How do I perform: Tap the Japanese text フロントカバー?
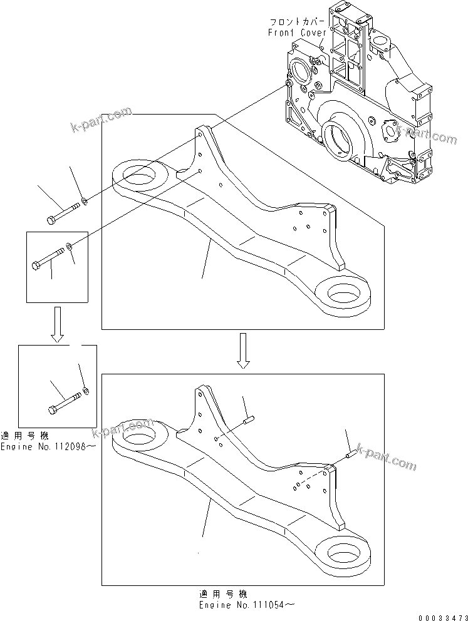[297, 22]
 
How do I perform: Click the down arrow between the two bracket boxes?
[244, 351]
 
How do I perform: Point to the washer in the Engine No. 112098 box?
[86, 391]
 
